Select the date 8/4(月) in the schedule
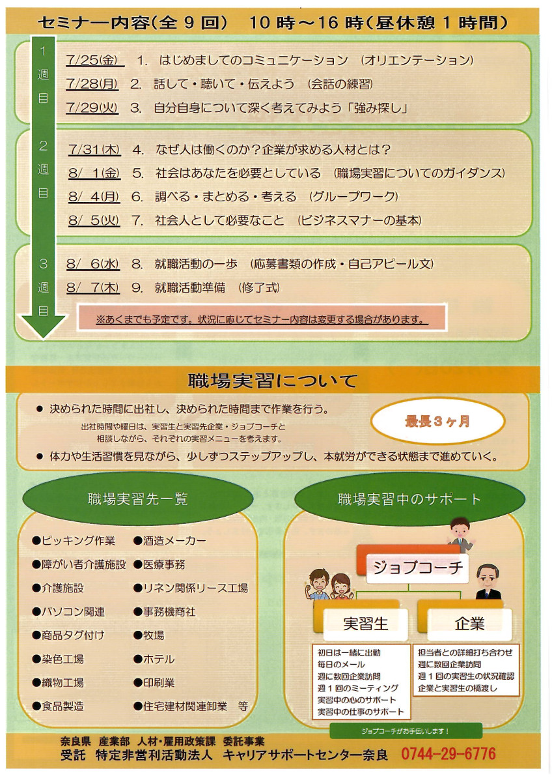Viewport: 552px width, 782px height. [x=94, y=196]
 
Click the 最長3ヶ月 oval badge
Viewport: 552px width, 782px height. [x=437, y=421]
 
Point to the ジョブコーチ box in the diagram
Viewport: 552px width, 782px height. [x=417, y=568]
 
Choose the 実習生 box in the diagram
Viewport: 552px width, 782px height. [x=365, y=623]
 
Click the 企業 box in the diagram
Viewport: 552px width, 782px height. [x=469, y=623]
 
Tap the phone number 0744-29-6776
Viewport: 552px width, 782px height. [x=448, y=754]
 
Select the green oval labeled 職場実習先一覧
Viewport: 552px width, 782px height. [x=138, y=499]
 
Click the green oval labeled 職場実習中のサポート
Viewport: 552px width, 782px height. [x=409, y=500]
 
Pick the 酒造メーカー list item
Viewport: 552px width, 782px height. [x=170, y=541]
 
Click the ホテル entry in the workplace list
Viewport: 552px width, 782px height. [x=154, y=659]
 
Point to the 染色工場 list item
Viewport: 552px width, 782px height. [x=58, y=659]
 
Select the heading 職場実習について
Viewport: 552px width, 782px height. [x=273, y=379]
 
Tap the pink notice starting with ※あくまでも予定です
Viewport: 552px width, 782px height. [x=262, y=319]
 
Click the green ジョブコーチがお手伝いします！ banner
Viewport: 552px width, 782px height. [x=406, y=731]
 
